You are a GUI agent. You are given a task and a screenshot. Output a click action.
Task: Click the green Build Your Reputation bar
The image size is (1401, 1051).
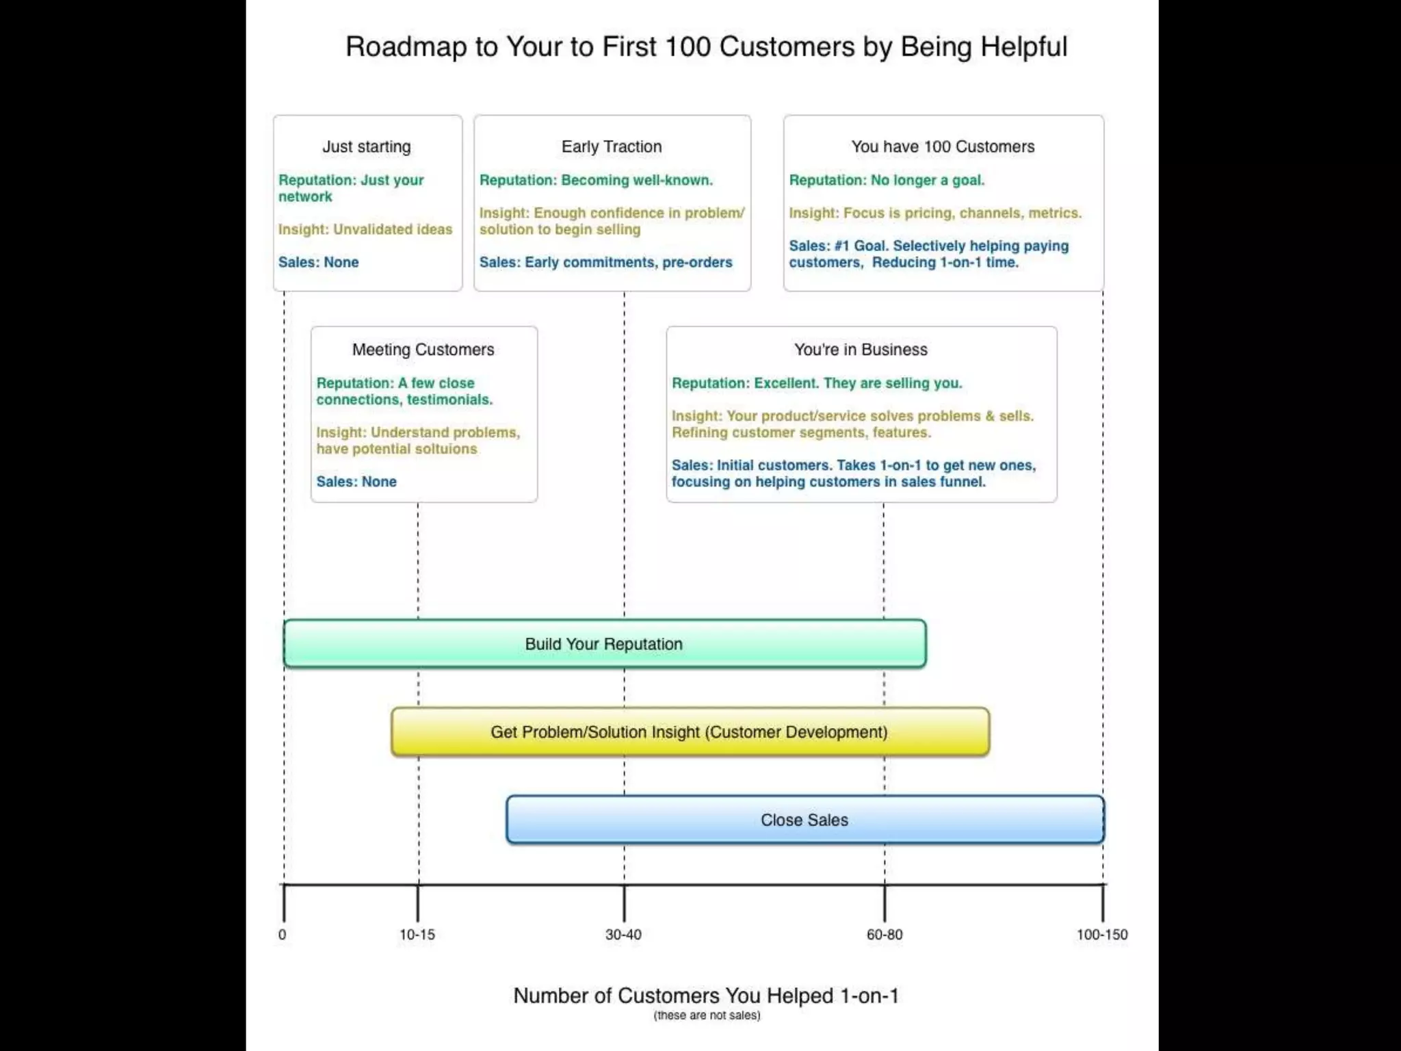[x=604, y=644]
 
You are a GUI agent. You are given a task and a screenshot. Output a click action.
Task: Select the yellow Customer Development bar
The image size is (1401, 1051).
[x=690, y=732]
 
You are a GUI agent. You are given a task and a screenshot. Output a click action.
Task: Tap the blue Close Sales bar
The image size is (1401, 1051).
[x=804, y=820]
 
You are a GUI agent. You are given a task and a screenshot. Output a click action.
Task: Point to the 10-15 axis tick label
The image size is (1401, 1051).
[x=417, y=935]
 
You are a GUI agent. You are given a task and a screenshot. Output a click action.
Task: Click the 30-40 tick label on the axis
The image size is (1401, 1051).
[x=623, y=935]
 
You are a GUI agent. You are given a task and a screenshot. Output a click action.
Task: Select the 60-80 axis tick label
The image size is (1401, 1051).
[x=885, y=935]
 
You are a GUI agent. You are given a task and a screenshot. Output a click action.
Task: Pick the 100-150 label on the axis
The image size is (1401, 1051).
[x=1102, y=935]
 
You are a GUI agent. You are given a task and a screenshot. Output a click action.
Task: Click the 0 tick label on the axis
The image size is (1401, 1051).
[x=283, y=935]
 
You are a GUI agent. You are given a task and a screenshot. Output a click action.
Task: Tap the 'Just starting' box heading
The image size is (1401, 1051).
[x=367, y=146]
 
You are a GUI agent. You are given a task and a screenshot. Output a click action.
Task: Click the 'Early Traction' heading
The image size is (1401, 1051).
[x=612, y=146]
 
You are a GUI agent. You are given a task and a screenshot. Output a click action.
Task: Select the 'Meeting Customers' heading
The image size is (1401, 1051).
[x=423, y=350]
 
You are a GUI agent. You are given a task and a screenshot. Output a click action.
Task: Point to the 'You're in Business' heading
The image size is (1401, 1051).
[x=861, y=350]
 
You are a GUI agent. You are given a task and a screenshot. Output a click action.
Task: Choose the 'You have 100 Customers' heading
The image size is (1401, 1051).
[x=943, y=146]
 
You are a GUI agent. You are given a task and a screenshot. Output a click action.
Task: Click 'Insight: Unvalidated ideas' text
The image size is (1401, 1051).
[x=365, y=229]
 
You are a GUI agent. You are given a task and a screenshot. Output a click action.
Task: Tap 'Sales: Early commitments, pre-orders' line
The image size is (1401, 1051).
[x=605, y=262]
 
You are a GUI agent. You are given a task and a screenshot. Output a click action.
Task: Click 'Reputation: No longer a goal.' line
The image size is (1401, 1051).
[x=887, y=180]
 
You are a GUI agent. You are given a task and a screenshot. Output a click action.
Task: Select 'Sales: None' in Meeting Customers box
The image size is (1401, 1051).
[x=356, y=482]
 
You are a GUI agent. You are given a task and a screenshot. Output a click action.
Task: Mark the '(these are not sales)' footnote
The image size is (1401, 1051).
[x=707, y=1015]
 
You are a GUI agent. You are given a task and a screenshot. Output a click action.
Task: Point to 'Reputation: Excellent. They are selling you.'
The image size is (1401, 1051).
[x=817, y=383]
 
